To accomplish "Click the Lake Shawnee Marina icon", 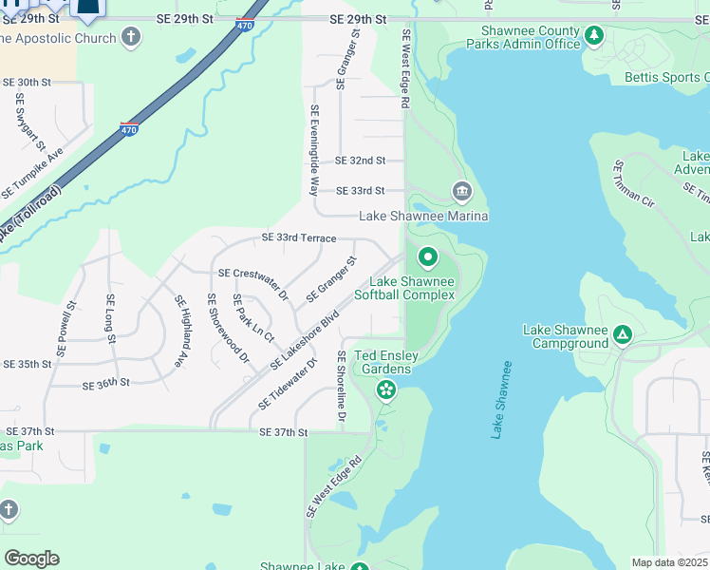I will pos(462,193).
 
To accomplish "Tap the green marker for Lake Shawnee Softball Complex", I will pos(427,256).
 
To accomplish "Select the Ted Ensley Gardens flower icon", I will pos(385,389).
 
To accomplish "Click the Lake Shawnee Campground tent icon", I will pos(622,333).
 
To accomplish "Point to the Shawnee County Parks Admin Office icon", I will pos(594,36).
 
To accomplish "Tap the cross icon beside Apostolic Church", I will pos(131,38).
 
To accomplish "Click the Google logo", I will pos(31,559).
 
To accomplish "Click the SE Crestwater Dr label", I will pos(252,283).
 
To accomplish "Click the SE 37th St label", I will pos(284,432).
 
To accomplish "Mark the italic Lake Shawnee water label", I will pos(501,399).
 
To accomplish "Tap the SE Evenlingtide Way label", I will pos(314,150).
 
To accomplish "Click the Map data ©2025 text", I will pos(669,562).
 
